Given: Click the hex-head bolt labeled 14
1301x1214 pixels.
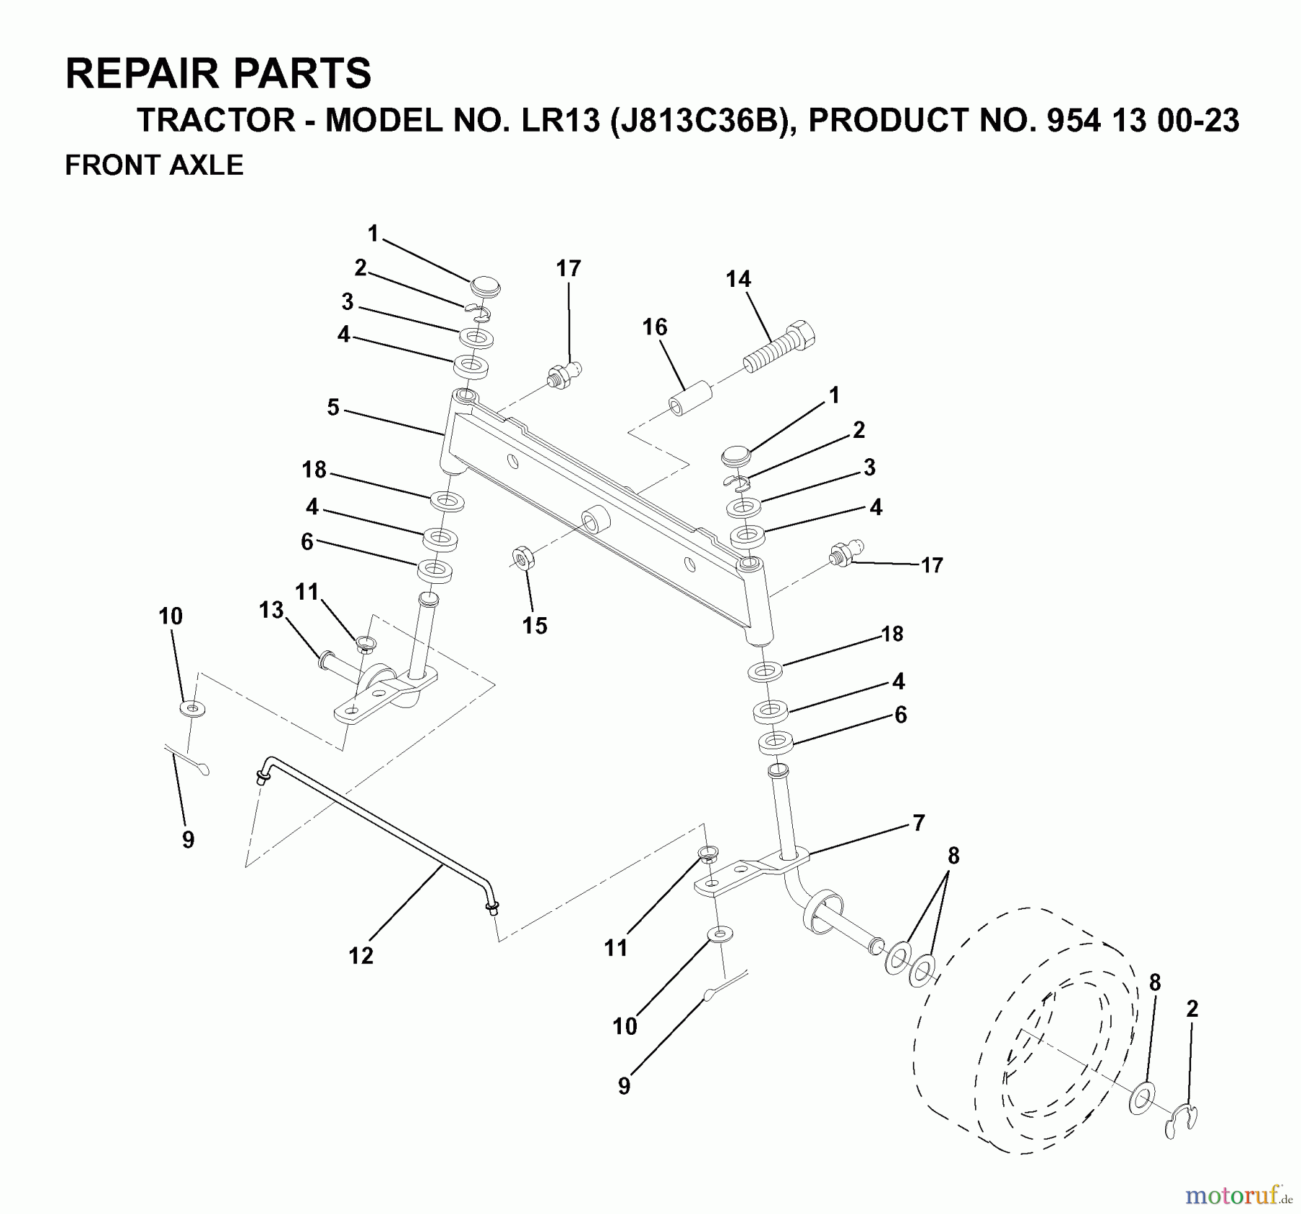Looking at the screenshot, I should point(779,346).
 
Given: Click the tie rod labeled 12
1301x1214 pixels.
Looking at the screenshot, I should point(376,832).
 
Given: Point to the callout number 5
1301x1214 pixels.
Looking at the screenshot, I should point(332,408).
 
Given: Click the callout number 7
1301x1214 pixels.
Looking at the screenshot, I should point(918,823).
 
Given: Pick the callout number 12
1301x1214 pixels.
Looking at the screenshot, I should point(361,955).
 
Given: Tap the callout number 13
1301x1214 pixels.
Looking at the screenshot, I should point(271,611).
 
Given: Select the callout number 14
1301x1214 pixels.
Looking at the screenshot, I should point(738,279).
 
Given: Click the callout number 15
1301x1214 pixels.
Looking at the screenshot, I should point(535,626).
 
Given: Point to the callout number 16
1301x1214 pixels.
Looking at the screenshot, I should point(655,327).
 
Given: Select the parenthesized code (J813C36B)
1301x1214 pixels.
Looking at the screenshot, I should point(699,120).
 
